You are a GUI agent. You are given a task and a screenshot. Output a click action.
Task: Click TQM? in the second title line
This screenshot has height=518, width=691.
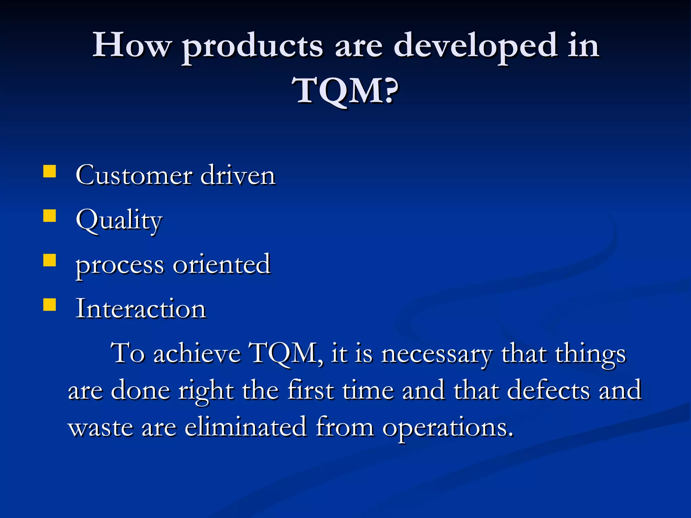(345, 90)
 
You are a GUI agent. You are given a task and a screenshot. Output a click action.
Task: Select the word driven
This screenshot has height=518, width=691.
(238, 175)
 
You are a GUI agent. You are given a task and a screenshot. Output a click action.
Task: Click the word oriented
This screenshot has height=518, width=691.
(221, 265)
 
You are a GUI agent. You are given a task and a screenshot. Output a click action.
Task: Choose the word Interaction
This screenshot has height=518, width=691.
(140, 309)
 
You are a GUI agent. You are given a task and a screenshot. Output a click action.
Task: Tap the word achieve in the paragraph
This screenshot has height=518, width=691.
(197, 353)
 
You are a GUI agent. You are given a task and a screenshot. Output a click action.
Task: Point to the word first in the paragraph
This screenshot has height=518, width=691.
(310, 391)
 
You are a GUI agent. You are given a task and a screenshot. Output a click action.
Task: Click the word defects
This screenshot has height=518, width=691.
(548, 391)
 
